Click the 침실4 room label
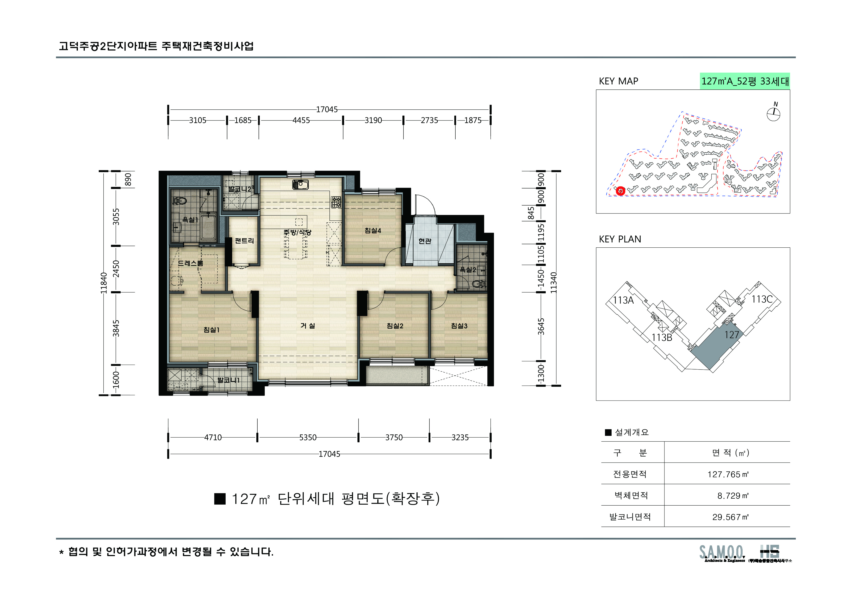373,231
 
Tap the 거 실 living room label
308,326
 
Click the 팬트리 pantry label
244,241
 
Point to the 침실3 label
459,326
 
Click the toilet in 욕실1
181,201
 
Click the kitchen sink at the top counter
300,184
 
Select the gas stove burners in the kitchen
336,202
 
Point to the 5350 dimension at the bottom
308,437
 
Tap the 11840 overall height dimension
104,283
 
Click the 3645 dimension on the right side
541,326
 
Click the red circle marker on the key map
620,191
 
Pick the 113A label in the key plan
623,300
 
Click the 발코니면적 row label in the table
630,517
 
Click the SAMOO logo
721,553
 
